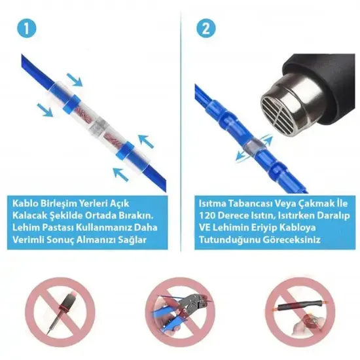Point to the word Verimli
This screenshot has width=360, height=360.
(x=31, y=240)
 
